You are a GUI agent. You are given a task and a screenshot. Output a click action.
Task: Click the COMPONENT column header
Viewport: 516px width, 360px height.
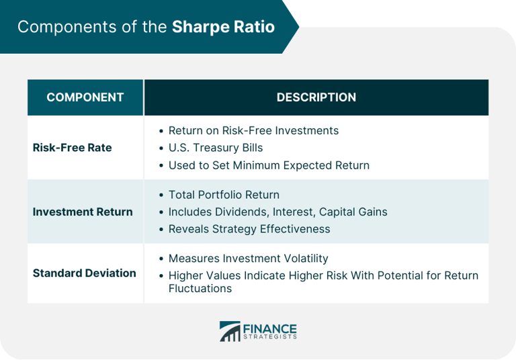[x=85, y=97]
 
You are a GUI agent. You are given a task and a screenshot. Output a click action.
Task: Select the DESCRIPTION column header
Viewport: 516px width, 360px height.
[x=316, y=97]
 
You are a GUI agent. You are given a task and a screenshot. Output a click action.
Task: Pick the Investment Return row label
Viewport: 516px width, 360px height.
[x=83, y=212]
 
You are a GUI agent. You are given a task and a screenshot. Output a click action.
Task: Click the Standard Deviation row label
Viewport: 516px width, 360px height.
[x=84, y=273]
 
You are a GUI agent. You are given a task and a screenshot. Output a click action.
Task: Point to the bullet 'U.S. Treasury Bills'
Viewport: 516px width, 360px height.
[x=215, y=148]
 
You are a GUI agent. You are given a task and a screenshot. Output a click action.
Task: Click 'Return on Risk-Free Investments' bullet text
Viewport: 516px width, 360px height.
[x=253, y=130]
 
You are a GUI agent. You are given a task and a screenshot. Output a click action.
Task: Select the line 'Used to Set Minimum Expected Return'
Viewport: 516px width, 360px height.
[x=269, y=165]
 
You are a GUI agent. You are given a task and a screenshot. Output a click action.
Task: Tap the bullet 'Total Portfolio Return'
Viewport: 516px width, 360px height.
[x=224, y=195]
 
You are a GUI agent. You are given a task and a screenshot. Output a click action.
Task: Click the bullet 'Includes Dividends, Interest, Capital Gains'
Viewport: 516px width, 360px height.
[x=277, y=212]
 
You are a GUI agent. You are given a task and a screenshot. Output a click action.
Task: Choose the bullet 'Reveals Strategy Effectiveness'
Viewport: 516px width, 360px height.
[x=249, y=229]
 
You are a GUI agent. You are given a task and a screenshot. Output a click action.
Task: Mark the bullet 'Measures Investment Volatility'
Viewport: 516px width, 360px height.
[x=248, y=259]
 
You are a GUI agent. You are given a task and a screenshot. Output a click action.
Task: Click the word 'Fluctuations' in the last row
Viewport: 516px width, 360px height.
[x=200, y=289]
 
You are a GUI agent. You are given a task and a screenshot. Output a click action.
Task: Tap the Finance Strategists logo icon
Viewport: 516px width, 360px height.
[x=229, y=331]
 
